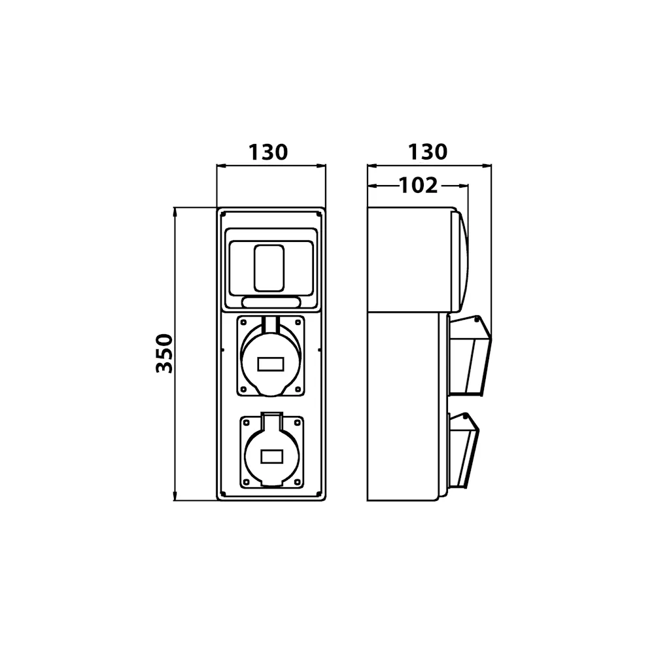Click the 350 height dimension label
click(164, 353)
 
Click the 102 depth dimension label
click(419, 185)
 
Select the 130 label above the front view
click(267, 152)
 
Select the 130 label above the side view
click(428, 152)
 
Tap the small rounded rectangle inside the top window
click(269, 268)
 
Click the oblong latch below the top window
click(271, 302)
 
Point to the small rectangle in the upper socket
click(271, 364)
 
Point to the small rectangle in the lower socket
click(272, 456)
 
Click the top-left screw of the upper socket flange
click(243, 322)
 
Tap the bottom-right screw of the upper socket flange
click(298, 389)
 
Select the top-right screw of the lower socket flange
click(298, 422)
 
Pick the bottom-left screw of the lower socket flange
click(246, 482)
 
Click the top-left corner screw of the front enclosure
click(223, 214)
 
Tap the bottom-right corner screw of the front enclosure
click(320, 494)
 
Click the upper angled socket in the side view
click(469, 355)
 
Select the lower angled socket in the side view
click(463, 451)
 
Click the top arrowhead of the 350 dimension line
click(175, 212)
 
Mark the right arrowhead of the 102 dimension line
click(463, 186)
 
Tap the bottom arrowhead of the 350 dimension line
click(175, 496)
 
